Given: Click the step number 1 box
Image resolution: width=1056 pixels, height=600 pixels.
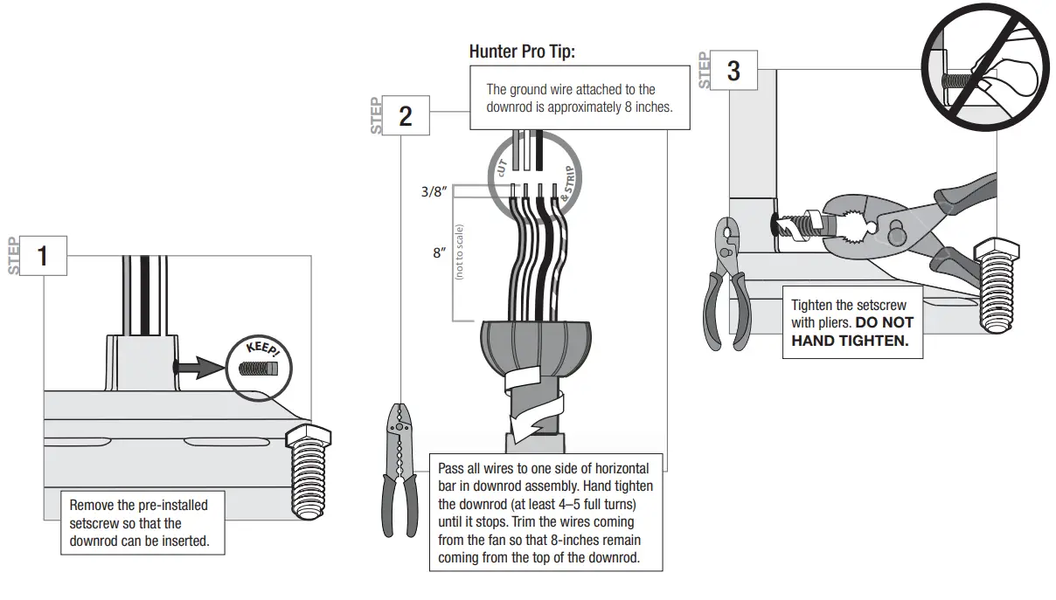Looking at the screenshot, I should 42,256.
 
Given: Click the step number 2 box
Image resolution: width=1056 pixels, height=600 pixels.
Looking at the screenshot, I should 405,115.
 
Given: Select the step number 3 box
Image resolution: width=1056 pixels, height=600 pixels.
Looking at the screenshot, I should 733,70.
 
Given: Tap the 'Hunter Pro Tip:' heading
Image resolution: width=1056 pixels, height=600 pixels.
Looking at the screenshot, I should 522,52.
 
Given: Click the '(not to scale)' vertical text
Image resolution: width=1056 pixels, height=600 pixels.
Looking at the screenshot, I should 459,252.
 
